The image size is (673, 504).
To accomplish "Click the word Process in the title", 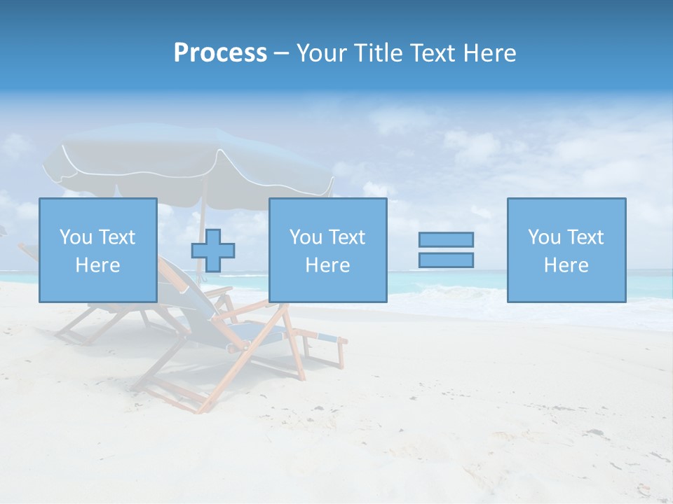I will [x=220, y=53].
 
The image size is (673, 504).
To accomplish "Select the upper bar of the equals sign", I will [x=446, y=239].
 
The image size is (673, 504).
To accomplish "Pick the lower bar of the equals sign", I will [x=446, y=260].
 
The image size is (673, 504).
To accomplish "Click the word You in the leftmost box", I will [x=75, y=237].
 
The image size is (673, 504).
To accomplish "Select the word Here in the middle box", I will [x=327, y=265].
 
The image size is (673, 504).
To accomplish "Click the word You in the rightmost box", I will [x=543, y=237].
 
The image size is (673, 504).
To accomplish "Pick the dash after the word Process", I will [x=282, y=53].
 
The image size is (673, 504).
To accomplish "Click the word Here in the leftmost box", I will [x=97, y=265].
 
